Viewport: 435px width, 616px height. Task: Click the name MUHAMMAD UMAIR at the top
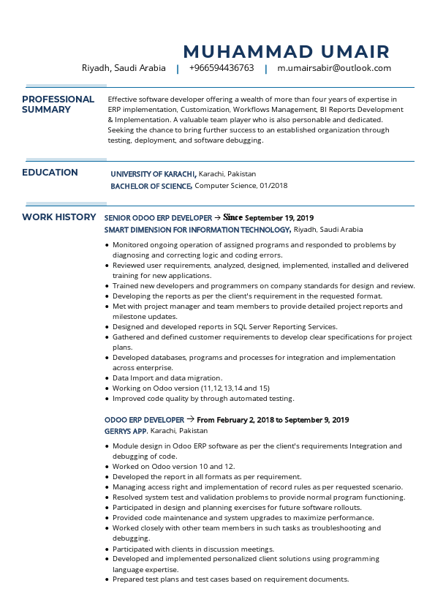coord(286,51)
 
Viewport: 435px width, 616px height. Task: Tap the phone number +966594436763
coord(222,68)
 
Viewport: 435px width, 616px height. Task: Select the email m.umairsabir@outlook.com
coord(334,68)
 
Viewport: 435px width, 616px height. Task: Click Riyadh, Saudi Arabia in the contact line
coord(124,68)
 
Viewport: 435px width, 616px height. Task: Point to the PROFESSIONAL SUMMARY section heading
coord(58,105)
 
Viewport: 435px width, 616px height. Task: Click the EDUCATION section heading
coord(50,173)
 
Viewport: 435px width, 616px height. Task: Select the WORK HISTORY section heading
coord(58,217)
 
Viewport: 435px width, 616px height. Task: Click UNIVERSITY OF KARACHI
coord(153,174)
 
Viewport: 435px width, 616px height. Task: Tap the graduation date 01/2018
coord(273,186)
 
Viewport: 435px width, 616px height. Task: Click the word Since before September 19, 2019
coord(232,217)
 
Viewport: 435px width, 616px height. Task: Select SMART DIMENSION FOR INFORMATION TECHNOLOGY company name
coord(197,230)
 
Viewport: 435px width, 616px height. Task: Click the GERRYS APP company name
coord(126,431)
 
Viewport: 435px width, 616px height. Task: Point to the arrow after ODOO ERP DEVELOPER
coord(190,419)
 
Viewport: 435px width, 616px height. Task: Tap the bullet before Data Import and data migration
coord(107,378)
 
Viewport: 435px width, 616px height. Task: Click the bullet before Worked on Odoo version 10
coord(107,467)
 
